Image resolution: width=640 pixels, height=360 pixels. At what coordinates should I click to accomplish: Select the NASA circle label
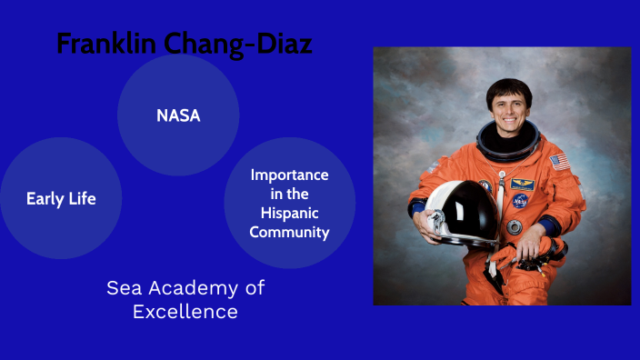[178, 115]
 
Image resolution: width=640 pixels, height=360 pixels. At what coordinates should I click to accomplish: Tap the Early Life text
[61, 198]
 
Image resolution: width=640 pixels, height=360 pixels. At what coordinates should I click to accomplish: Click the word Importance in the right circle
[290, 175]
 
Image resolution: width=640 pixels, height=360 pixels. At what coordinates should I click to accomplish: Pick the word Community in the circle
[290, 232]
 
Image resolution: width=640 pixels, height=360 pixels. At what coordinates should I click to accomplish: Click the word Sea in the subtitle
[125, 288]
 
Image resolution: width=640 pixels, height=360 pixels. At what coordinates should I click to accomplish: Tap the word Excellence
[185, 312]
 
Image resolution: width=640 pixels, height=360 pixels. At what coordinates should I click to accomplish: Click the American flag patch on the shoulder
[559, 162]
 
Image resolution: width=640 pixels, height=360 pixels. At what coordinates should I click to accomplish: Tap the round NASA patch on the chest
[518, 200]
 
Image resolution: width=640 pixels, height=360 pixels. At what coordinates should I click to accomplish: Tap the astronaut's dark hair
[508, 87]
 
